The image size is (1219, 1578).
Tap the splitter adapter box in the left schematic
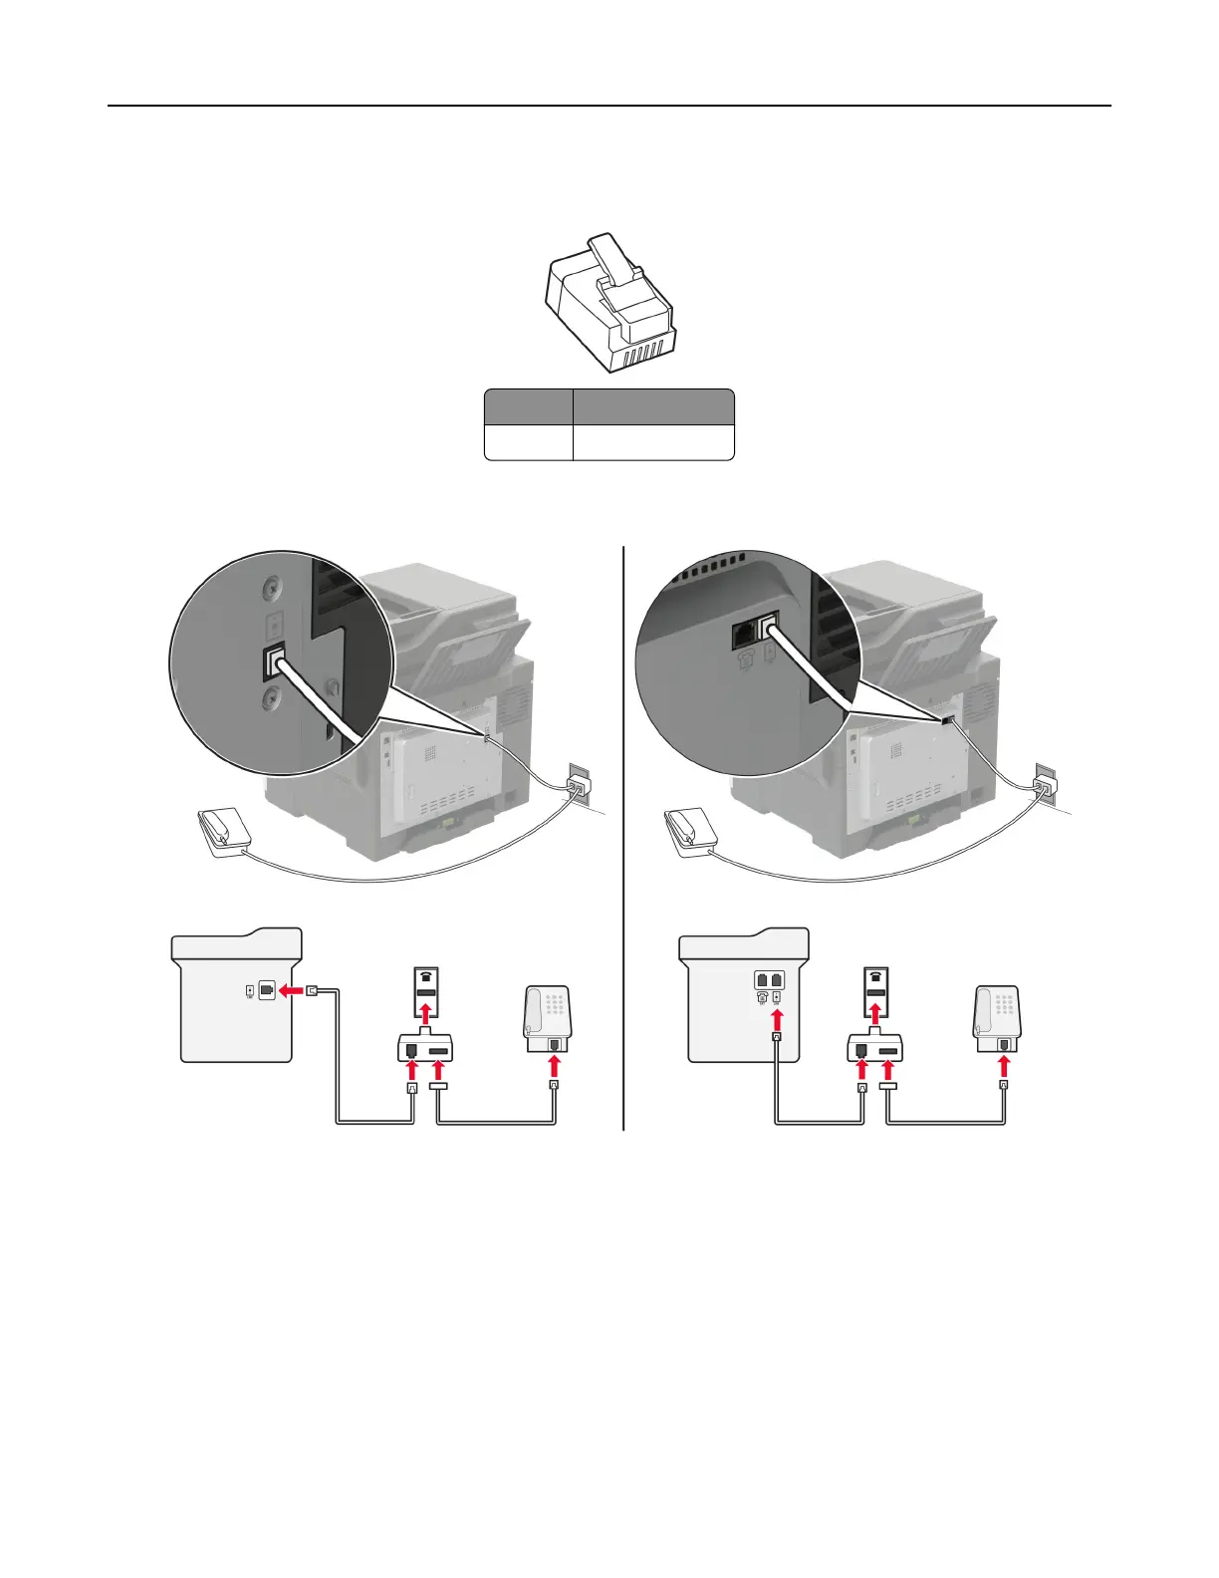[x=425, y=1048]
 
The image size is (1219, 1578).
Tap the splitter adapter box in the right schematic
[x=874, y=1048]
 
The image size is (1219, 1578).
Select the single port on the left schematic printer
[x=267, y=990]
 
